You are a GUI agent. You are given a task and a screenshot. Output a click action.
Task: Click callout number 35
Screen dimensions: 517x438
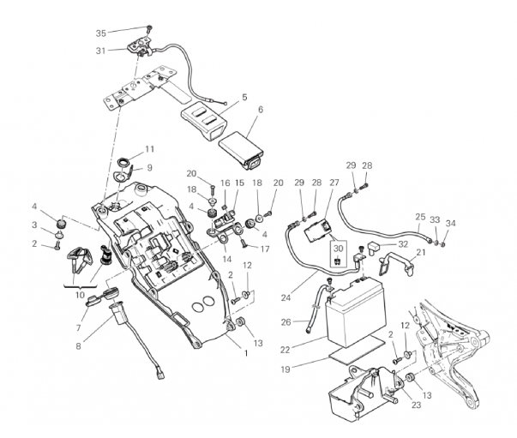point(101,33)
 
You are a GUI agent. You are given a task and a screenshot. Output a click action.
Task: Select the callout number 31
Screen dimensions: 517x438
point(100,51)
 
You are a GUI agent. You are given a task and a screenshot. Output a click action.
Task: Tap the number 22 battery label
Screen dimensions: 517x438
point(285,350)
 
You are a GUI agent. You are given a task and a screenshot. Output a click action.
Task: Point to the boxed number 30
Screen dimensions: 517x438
point(339,248)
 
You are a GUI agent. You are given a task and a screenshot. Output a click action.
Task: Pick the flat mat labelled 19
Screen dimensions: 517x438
point(357,350)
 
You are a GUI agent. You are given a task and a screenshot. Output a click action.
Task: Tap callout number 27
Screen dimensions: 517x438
point(334,183)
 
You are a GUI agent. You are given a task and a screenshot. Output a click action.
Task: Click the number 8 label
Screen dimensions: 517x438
point(78,346)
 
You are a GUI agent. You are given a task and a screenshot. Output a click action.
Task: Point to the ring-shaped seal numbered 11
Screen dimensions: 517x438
point(124,163)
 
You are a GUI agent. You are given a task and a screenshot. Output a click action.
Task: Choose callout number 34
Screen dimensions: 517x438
point(450,224)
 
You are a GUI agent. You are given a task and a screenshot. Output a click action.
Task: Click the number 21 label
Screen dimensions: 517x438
point(421,253)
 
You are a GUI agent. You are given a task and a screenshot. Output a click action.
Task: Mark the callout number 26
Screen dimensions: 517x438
point(286,322)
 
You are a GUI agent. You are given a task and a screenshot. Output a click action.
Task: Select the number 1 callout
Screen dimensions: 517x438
point(246,353)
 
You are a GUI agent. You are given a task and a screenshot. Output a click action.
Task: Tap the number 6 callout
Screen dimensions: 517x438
point(261,110)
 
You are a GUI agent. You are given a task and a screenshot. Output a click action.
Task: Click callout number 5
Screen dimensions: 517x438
point(244,97)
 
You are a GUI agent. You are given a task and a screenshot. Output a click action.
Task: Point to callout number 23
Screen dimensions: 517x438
point(417,405)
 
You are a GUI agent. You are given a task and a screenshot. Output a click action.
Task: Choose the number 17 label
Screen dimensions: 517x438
point(265,249)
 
